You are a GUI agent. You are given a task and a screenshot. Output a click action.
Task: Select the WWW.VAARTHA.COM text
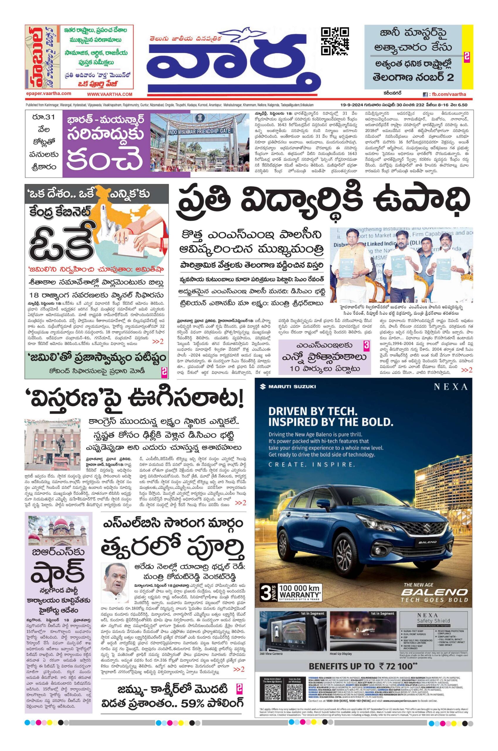point(110,94)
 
